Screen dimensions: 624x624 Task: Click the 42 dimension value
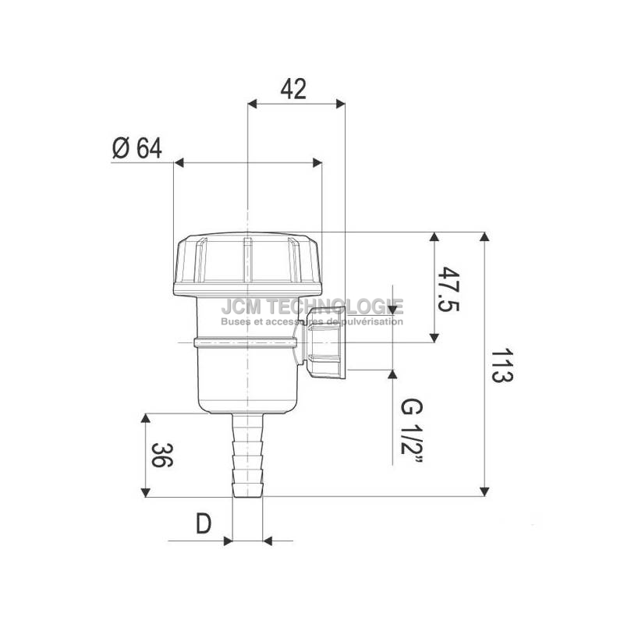(294, 89)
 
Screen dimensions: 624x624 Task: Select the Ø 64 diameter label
(137, 148)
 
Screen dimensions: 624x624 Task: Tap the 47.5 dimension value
(448, 289)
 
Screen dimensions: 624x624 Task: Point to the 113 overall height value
(502, 366)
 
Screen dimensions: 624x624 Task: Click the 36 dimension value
(162, 455)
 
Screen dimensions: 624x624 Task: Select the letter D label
(204, 523)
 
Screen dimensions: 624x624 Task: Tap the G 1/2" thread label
(412, 431)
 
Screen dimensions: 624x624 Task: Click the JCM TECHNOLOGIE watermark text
(313, 307)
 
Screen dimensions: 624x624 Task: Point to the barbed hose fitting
(247, 456)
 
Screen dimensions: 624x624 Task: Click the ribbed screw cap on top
(247, 264)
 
